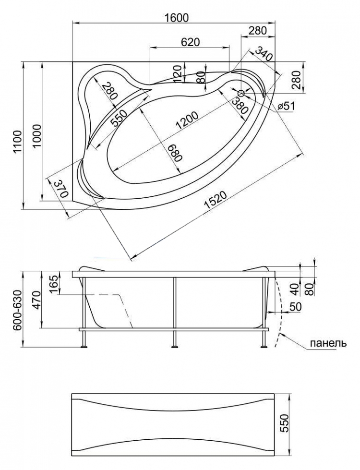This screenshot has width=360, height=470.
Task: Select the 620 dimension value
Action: coord(190,42)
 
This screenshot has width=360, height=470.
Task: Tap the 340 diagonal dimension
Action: coord(264,53)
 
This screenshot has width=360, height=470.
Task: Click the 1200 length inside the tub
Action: coord(187,121)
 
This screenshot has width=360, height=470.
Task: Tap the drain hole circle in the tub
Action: coord(241,92)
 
